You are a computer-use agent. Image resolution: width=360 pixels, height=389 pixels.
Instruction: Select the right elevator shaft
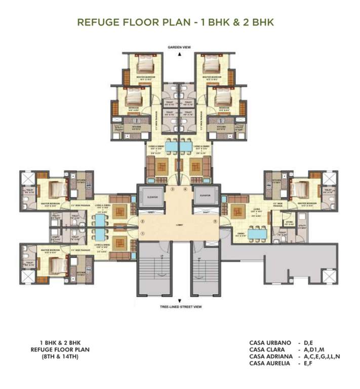205,197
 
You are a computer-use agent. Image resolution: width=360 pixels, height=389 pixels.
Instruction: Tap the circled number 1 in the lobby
143,233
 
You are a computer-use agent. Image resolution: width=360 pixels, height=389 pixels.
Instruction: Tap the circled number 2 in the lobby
143,221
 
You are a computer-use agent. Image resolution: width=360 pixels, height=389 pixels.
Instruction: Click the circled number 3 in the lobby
172,189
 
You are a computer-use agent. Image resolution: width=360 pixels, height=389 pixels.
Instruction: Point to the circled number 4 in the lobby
185,189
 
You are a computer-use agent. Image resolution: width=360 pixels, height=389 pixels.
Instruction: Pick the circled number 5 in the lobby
215,221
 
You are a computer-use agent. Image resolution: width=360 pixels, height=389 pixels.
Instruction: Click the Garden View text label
179,47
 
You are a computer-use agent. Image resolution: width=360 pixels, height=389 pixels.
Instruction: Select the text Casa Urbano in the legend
270,343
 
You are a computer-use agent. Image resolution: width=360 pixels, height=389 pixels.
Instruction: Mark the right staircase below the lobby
205,268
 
